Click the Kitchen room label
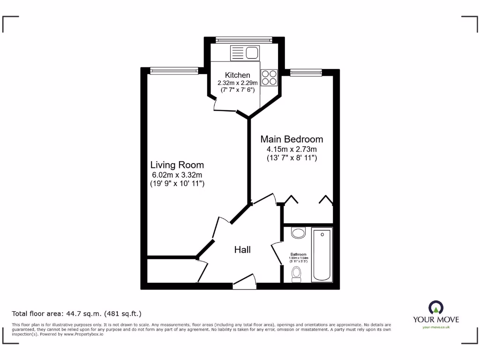point(237,75)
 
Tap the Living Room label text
point(177,165)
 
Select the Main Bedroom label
point(291,139)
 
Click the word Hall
point(242,250)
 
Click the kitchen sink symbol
point(245,53)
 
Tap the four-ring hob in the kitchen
point(269,77)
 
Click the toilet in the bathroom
point(296,274)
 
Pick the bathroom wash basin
point(298,232)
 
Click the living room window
point(174,71)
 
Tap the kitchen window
point(244,39)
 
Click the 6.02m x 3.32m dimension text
point(177,175)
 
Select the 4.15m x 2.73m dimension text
point(291,150)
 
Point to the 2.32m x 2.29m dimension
point(237,83)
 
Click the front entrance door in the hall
point(244,281)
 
